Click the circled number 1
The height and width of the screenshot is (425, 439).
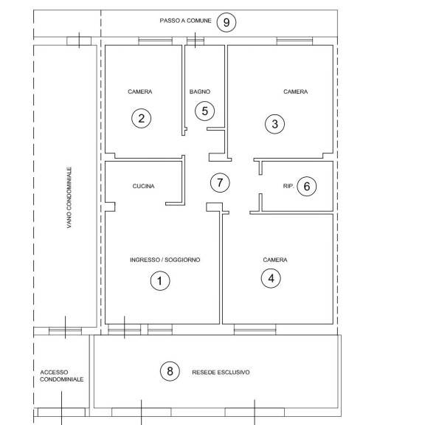pyautogui.click(x=160, y=280)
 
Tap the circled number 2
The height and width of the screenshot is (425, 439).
pyautogui.click(x=142, y=118)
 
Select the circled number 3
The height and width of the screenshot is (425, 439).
pyautogui.click(x=275, y=124)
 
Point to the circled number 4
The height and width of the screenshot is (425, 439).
pyautogui.click(x=271, y=278)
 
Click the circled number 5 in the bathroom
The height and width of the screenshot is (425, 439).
pyautogui.click(x=204, y=111)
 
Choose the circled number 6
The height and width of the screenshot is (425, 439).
pyautogui.click(x=307, y=186)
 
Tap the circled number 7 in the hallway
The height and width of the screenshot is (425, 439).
pyautogui.click(x=220, y=182)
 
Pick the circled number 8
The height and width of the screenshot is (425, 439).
pyautogui.click(x=170, y=371)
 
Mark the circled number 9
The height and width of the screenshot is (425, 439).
pyautogui.click(x=227, y=22)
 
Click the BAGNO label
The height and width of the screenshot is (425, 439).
pyautogui.click(x=200, y=91)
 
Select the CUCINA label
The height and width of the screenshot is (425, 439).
pyautogui.click(x=143, y=186)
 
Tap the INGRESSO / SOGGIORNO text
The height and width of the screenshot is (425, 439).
pyautogui.click(x=165, y=260)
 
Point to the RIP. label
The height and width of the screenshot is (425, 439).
pyautogui.click(x=288, y=186)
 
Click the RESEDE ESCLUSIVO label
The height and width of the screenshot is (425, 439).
pyautogui.click(x=221, y=373)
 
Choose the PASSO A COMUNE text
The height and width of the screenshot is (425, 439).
pyautogui.click(x=185, y=21)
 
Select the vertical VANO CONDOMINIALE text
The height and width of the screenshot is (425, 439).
pyautogui.click(x=69, y=198)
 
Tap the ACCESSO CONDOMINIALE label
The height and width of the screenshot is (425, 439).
pyautogui.click(x=61, y=376)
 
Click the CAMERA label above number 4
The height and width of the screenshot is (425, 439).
pyautogui.click(x=275, y=260)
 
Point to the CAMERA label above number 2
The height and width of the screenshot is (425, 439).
pyautogui.click(x=140, y=91)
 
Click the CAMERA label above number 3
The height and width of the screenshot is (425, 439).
pyautogui.click(x=295, y=91)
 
